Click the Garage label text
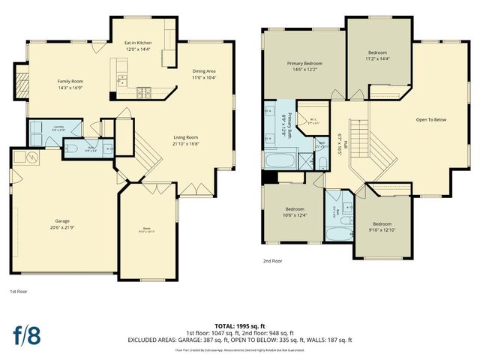pos(62,221)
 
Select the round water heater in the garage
pos(32,157)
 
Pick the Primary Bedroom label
pos(304,64)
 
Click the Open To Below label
pos(431,119)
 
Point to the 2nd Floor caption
pos(272,262)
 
